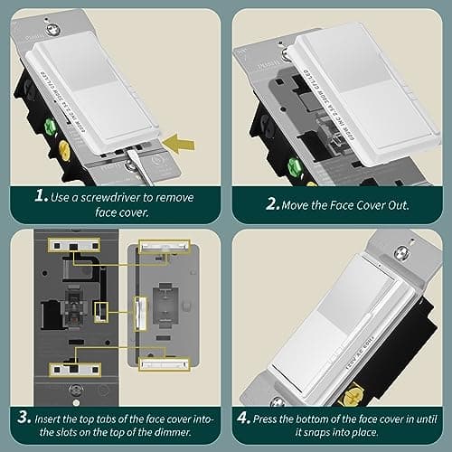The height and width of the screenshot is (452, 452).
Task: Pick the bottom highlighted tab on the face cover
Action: [x=163, y=364]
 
